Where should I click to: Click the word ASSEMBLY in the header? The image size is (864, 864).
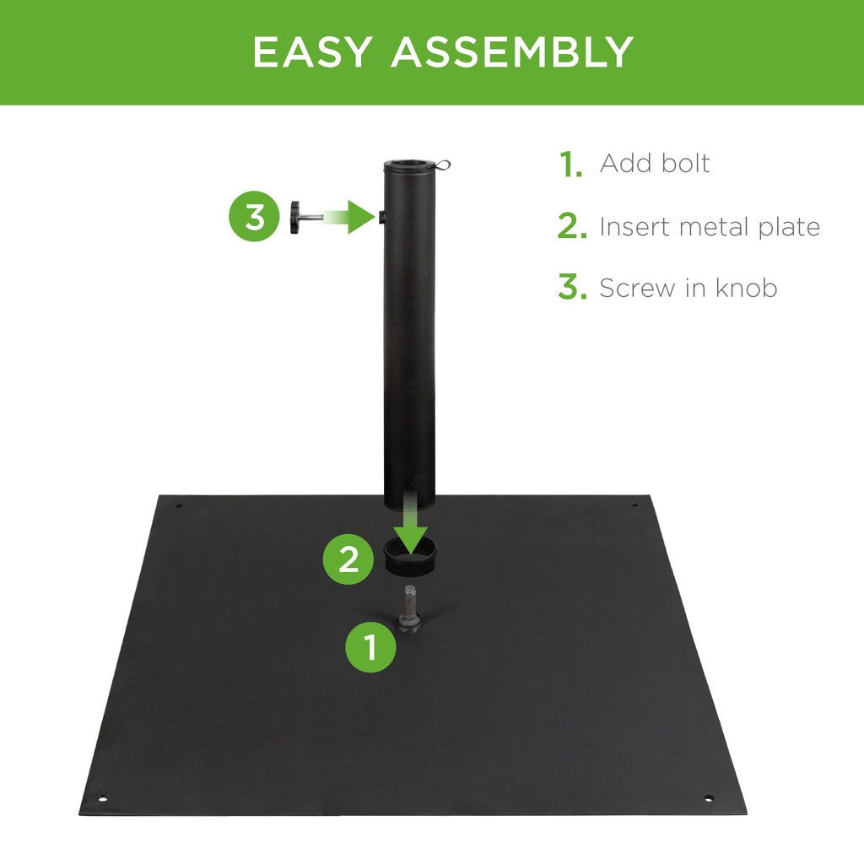pos(511,52)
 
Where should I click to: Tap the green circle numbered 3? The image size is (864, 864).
pos(254,217)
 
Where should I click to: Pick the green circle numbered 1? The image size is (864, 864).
pos(370,647)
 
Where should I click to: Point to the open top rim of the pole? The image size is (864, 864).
pos(408,164)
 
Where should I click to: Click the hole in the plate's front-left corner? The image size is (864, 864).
pos(103,798)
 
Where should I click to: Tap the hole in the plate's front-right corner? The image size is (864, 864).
pos(708,797)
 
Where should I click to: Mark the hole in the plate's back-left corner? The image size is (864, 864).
pos(179,506)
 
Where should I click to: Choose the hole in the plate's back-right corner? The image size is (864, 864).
pos(634,506)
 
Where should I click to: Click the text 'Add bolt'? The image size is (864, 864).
pos(655,163)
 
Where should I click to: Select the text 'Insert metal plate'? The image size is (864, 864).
pos(710,226)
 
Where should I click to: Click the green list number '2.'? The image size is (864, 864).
pos(571,227)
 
